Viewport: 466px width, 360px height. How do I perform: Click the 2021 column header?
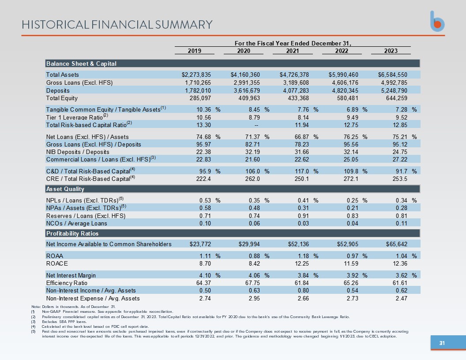pyautogui.click(x=293, y=51)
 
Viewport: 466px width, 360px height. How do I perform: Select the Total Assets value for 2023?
pyautogui.click(x=393, y=75)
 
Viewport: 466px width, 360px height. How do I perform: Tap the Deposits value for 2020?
pyautogui.click(x=247, y=90)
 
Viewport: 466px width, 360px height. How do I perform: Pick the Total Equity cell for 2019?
pyautogui.click(x=200, y=98)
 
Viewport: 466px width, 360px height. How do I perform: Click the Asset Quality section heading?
pyautogui.click(x=65, y=189)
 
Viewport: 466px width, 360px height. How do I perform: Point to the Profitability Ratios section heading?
pyautogui.click(x=72, y=233)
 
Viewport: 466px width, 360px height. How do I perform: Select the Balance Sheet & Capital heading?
pyautogui.click(x=81, y=64)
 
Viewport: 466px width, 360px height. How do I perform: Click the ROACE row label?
pyautogui.click(x=57, y=263)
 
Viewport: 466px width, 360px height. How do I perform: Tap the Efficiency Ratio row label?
pyautogui.click(x=67, y=283)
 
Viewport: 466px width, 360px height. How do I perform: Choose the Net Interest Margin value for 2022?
pyautogui.click(x=353, y=275)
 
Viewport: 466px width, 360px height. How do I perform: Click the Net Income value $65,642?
pyautogui.click(x=396, y=244)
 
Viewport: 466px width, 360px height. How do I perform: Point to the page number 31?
pyautogui.click(x=442, y=343)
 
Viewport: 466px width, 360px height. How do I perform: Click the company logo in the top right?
pyautogui.click(x=437, y=21)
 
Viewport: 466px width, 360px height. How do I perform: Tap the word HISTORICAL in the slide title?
pyautogui.click(x=55, y=25)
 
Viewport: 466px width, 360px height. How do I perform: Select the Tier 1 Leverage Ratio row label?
pyautogui.click(x=77, y=117)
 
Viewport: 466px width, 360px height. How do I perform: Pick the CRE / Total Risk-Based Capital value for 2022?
pyautogui.click(x=351, y=179)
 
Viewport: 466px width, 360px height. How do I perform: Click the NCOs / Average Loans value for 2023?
pyautogui.click(x=401, y=223)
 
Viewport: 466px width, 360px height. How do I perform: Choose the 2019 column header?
pyautogui.click(x=194, y=51)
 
